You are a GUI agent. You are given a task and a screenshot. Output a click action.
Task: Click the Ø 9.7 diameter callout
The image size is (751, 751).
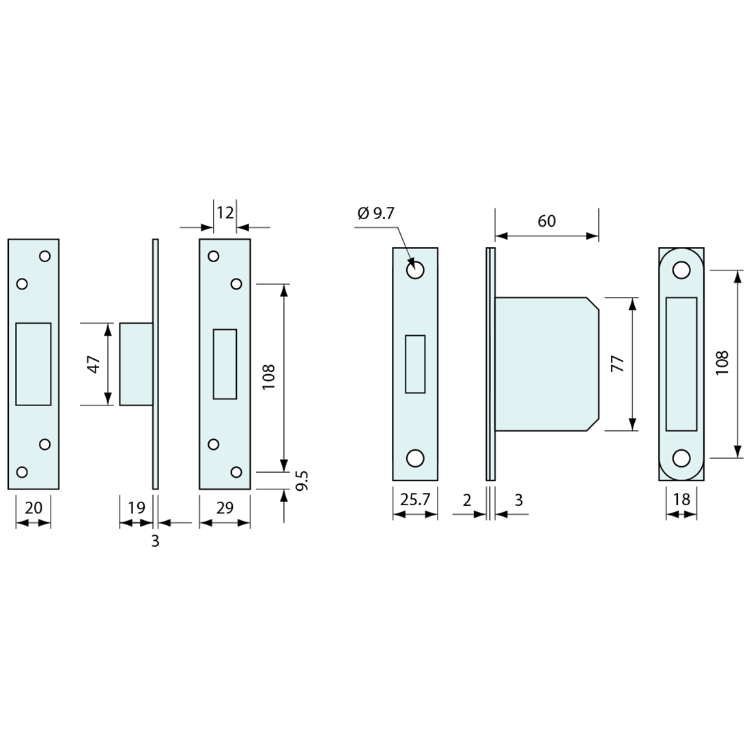click(376, 213)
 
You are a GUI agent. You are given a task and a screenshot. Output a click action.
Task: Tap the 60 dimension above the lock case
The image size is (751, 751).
click(546, 221)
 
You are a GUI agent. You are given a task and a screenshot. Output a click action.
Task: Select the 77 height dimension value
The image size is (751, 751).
click(618, 364)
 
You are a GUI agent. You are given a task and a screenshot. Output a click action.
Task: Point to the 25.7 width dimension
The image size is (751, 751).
click(415, 500)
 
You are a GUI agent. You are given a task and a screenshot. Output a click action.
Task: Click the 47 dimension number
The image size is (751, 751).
click(94, 364)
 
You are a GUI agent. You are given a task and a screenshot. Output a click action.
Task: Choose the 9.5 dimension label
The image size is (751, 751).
click(302, 481)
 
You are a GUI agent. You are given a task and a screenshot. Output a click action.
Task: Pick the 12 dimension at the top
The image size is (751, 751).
click(225, 212)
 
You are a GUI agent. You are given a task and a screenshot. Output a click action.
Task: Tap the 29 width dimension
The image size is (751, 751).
click(225, 508)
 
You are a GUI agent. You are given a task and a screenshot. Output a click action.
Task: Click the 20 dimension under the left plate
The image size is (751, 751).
click(33, 508)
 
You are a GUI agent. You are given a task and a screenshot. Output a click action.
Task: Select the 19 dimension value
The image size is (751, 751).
click(136, 508)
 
